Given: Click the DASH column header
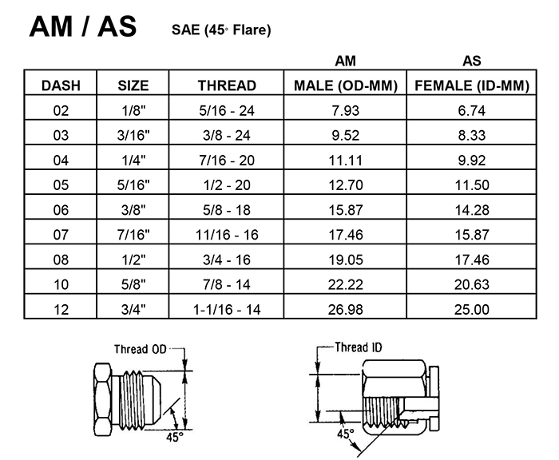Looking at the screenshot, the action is point(61,85).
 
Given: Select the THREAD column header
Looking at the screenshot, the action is point(227,85).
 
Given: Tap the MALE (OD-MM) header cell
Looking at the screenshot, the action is point(346,86).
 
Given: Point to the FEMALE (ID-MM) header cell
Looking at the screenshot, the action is point(472,86).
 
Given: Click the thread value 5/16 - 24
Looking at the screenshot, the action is point(227,110).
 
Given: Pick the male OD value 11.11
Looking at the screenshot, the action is point(346,160).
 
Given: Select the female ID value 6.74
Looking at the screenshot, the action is point(472,110).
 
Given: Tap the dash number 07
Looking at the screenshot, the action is point(61,235).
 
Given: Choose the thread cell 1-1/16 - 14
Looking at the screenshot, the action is point(227,309).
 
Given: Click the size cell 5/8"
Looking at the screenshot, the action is point(133,284).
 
